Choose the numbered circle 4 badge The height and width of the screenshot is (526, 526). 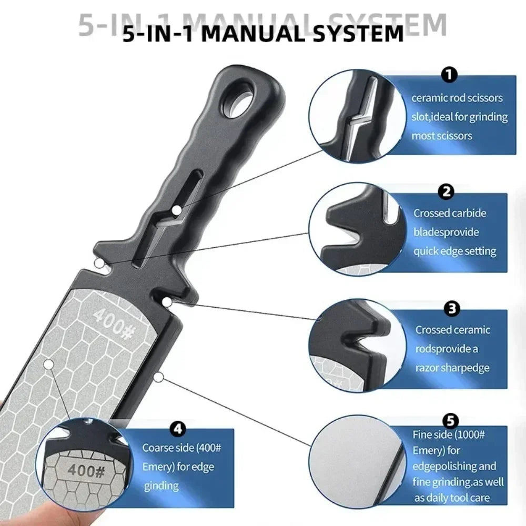pyautogui.click(x=178, y=429)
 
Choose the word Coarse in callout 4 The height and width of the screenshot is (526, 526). pyautogui.click(x=159, y=448)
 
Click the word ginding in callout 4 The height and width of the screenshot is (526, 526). pyautogui.click(x=161, y=487)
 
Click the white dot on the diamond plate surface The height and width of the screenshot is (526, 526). pyautogui.click(x=49, y=364)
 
